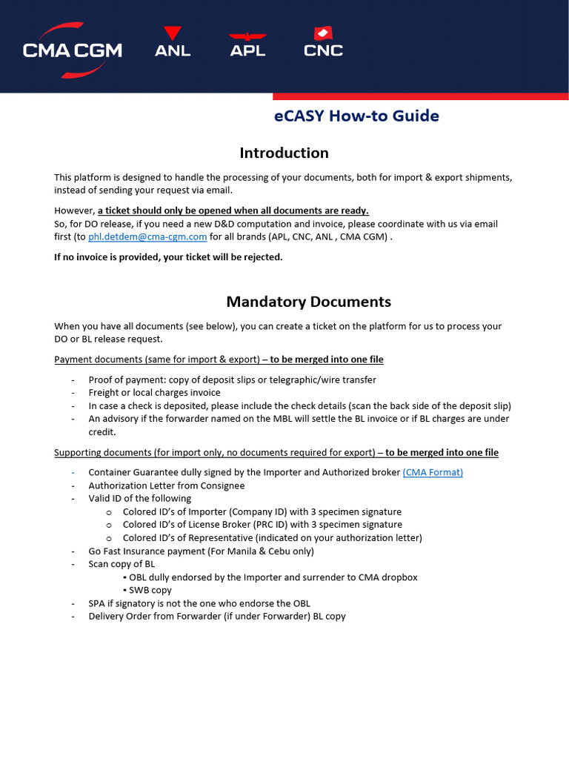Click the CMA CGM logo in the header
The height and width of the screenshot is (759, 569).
point(72,49)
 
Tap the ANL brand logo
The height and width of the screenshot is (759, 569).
point(173,43)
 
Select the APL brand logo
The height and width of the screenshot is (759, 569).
point(247,44)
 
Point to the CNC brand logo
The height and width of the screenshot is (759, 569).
point(323,43)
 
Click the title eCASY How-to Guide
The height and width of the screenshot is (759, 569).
point(356,116)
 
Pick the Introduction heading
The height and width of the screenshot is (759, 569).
point(284,153)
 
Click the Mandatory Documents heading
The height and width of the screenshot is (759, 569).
point(308,302)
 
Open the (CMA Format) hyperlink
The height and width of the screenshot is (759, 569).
point(433,472)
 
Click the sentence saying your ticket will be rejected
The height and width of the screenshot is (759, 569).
point(168,257)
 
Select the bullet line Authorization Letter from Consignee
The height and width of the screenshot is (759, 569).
point(166,485)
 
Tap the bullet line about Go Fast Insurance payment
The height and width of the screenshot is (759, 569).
point(201,551)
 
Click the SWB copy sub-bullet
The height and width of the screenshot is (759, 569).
point(150,590)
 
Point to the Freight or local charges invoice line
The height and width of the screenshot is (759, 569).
point(154,393)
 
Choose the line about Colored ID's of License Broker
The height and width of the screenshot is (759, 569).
point(262,525)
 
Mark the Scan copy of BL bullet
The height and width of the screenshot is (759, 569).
point(122,564)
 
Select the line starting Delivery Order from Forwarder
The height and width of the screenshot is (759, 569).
point(216,616)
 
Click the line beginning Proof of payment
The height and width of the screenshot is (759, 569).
point(232,379)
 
